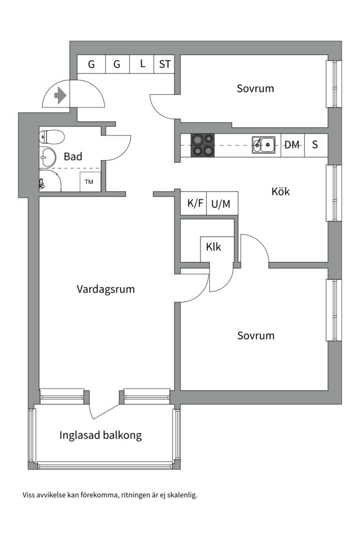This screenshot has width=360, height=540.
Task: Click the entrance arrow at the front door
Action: tap(60, 95)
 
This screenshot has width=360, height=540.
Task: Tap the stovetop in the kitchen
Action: tap(202, 145)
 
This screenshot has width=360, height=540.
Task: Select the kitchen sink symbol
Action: tap(263, 144)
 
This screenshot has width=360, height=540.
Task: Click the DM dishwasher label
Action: tap(292, 145)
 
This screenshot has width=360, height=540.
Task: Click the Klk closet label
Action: tap(213, 247)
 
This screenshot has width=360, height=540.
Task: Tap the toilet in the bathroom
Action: tap(51, 137)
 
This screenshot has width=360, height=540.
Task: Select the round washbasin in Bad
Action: tap(47, 157)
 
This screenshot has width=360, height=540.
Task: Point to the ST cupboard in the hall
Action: tap(164, 64)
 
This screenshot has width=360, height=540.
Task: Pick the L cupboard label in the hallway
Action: tap(142, 63)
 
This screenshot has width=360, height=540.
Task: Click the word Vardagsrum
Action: tap(105, 289)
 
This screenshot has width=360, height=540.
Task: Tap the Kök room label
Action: tap(280, 191)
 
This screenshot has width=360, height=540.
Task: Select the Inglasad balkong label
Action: tap(100, 435)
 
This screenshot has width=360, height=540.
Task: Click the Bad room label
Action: tap(73, 156)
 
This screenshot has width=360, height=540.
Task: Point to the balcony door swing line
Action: tap(106, 412)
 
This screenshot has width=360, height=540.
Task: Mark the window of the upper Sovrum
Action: tap(334, 84)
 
